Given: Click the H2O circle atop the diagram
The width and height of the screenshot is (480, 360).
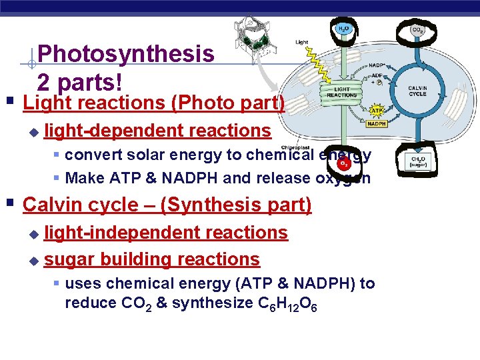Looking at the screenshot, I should pos(343,29).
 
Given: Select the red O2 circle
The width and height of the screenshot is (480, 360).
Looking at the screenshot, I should pos(344,163).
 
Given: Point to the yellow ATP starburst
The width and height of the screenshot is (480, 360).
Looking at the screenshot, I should pos(376,111).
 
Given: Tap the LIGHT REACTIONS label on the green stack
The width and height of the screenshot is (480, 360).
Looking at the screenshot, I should pos(341,92).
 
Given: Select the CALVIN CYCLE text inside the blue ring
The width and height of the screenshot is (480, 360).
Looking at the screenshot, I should pos(417,91).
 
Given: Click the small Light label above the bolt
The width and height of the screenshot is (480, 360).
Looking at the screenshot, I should pos(302,43).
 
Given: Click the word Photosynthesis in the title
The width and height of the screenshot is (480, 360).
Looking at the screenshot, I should pos(126,53).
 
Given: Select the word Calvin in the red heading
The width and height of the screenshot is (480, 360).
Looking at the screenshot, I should pos(51,205).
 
